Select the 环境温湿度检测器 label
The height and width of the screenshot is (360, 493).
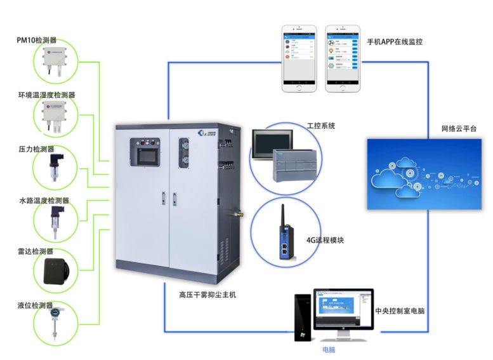[46, 95]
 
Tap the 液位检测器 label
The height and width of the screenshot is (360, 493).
[36, 305]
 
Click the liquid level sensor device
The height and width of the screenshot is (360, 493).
[56, 324]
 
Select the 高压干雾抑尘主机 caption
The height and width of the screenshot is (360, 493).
[208, 295]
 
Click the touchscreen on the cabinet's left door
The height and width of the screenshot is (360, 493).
[145, 152]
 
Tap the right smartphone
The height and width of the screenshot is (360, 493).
[343, 59]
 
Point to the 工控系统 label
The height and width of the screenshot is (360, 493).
[321, 126]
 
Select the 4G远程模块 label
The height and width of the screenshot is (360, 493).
[325, 241]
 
